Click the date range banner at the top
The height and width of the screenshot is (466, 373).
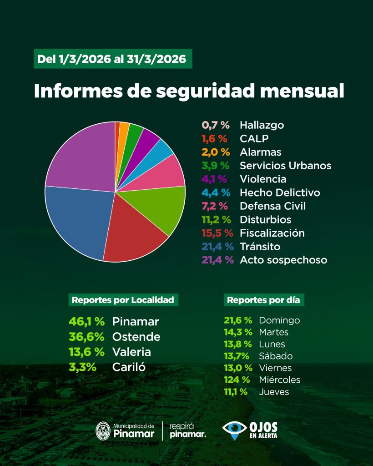click(x=113, y=59)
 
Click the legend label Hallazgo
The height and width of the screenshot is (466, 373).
click(x=262, y=125)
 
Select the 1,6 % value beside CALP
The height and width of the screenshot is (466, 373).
click(x=215, y=139)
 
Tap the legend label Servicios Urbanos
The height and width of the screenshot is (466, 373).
click(x=285, y=166)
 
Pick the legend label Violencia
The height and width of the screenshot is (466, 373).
click(x=263, y=179)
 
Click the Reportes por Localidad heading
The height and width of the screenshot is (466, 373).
click(x=123, y=300)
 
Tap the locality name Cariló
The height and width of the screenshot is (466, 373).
click(x=129, y=367)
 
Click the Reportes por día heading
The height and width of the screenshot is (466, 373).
click(x=264, y=300)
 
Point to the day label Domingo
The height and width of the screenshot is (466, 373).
click(x=279, y=320)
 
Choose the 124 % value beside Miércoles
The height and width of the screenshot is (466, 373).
click(x=237, y=380)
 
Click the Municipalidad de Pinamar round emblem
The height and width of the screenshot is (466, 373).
click(x=104, y=431)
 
